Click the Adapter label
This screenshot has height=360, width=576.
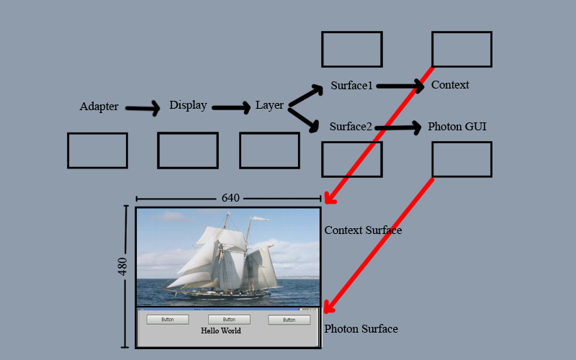pos(99,107)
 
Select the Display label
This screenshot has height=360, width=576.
pos(188,105)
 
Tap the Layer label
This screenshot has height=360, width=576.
pos(269,106)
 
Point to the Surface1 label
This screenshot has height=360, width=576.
pos(352,86)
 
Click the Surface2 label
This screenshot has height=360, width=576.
pos(351,127)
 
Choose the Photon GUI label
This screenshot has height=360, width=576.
pos(457,127)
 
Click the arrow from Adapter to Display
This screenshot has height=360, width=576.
pos(143,109)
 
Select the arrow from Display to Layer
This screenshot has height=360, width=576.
pos(230,108)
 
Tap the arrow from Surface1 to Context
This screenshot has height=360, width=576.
pos(400,86)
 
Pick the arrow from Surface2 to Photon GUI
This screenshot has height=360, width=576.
pos(398,128)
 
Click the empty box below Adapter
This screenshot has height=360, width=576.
pos(97,150)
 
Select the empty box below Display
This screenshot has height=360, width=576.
pos(187,150)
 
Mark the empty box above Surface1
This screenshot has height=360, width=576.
pos(351,49)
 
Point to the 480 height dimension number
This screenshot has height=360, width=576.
pos(122,266)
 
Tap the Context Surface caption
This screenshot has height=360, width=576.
pos(363,230)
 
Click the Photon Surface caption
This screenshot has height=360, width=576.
pos(361,329)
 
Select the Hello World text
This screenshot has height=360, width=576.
pos(221,331)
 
